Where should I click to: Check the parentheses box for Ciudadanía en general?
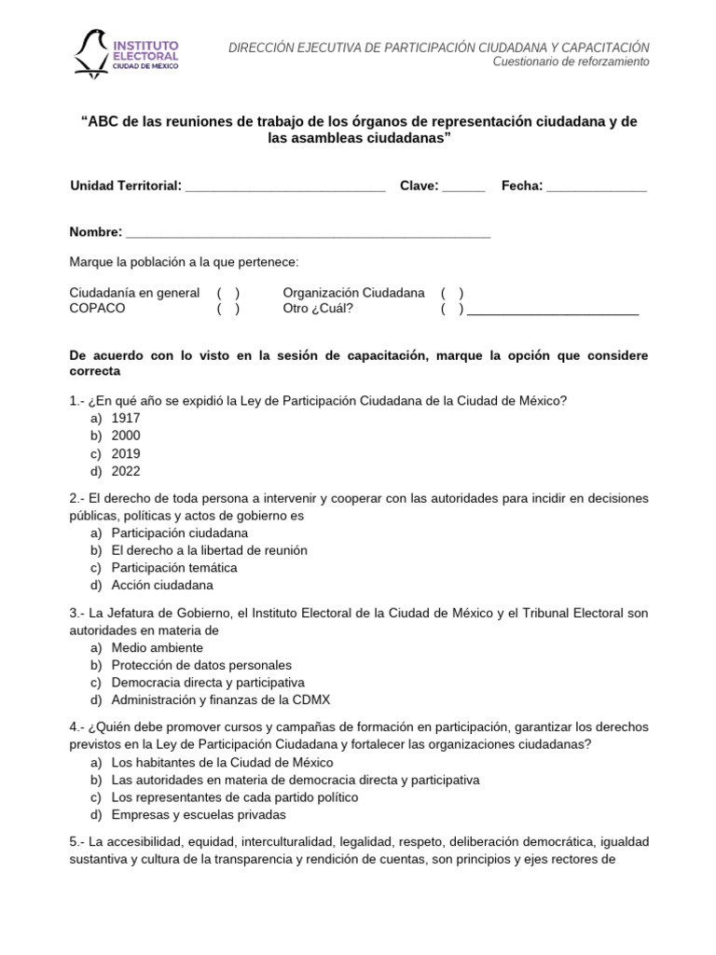click(x=228, y=293)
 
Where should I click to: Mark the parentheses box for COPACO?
click(x=228, y=309)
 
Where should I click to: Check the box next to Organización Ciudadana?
click(x=452, y=293)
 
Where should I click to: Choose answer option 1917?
click(x=126, y=419)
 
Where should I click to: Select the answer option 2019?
click(x=126, y=454)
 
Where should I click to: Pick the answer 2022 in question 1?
click(x=126, y=472)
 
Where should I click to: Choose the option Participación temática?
click(x=174, y=568)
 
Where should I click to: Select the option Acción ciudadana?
click(x=162, y=586)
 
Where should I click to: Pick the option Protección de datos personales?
click(x=201, y=665)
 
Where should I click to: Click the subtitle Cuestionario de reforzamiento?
click(x=571, y=62)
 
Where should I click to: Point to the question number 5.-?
click(x=78, y=841)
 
